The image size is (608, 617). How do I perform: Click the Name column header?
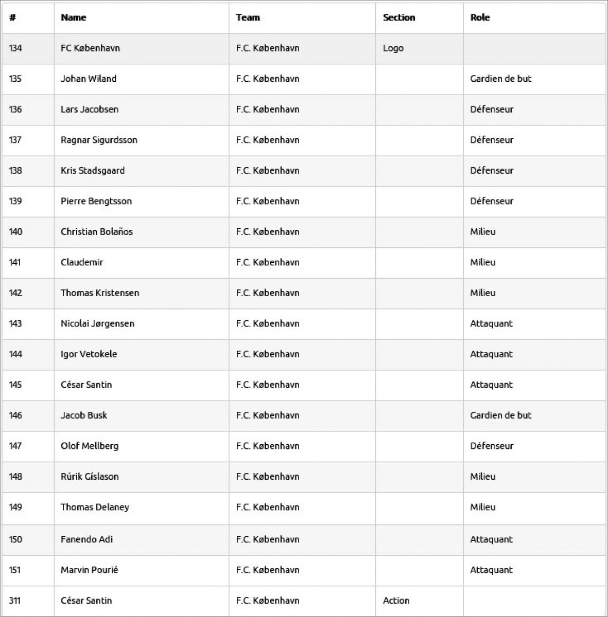(74, 17)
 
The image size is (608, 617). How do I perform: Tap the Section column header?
(399, 17)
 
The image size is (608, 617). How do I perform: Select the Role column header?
(480, 17)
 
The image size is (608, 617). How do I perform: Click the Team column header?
(248, 17)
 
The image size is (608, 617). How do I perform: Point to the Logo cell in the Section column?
(393, 48)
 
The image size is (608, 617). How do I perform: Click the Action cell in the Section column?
(396, 601)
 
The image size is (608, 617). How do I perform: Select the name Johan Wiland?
(89, 79)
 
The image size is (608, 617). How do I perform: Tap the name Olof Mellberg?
(90, 446)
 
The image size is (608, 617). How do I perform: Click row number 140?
(15, 232)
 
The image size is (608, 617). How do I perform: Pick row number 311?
(14, 601)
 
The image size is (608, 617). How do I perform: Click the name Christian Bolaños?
(97, 232)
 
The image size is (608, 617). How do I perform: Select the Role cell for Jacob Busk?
(500, 415)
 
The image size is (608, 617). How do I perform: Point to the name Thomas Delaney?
(95, 507)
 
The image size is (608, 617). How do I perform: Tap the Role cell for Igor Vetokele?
(491, 354)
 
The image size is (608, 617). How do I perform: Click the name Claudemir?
(82, 262)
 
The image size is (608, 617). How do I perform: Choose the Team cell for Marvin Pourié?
(268, 570)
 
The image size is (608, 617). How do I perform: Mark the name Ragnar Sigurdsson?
(99, 140)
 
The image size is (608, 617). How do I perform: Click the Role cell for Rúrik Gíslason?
(483, 477)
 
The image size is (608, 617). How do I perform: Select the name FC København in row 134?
(90, 48)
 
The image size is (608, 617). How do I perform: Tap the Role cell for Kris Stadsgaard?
(492, 171)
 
